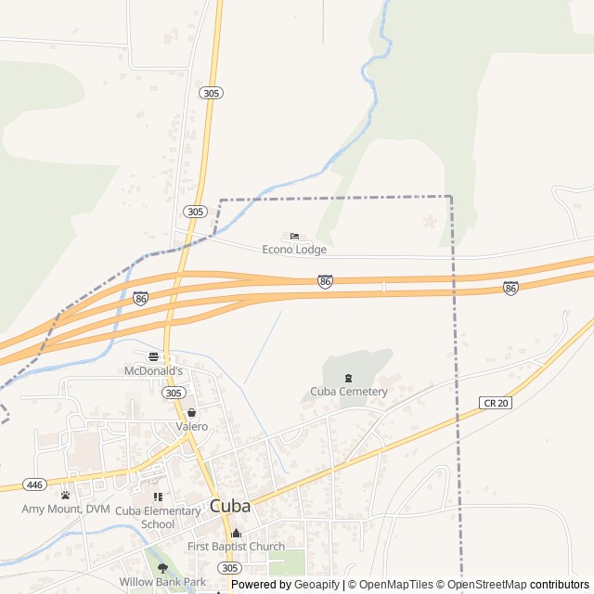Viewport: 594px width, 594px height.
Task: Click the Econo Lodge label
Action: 294,250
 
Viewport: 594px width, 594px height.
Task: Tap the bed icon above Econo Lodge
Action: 294,237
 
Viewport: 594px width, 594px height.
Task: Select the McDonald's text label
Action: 153,370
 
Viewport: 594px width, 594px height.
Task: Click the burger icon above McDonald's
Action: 153,356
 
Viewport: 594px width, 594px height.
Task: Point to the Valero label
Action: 191,427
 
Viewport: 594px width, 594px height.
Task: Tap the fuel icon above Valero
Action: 191,413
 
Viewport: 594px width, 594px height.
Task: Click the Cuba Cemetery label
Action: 348,392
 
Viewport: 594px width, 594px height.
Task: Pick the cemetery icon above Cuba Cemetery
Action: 348,378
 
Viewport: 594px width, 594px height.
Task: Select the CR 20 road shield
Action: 496,402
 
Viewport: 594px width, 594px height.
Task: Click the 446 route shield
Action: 35,484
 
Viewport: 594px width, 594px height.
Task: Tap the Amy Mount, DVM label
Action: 65,509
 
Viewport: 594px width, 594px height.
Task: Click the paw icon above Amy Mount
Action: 65,496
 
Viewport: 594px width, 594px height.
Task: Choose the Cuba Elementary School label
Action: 158,517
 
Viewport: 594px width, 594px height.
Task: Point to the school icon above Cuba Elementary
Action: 158,497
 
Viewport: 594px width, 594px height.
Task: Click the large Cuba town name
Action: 230,507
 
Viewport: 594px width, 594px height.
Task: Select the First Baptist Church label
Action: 236,547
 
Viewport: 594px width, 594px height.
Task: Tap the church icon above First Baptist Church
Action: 236,534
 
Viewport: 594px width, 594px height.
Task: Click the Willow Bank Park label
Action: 162,582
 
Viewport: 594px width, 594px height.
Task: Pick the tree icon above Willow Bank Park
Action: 162,568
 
